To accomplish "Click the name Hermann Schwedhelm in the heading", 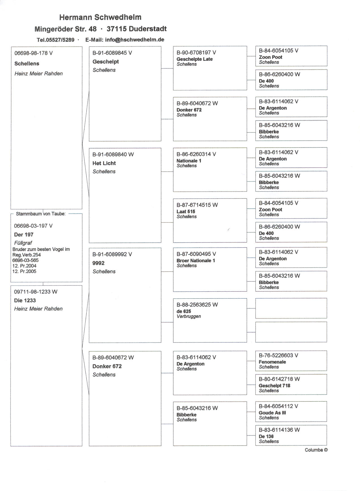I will (100, 17).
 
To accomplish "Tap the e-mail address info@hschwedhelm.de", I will (134, 40).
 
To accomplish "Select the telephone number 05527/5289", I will (60, 40).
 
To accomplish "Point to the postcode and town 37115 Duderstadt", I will (137, 29).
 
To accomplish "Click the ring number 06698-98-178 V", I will (33, 53).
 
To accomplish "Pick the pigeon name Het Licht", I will (104, 163).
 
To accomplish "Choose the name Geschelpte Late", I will (194, 59).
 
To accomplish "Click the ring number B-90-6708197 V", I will (196, 53).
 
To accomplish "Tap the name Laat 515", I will (186, 211).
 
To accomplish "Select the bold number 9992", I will (98, 263).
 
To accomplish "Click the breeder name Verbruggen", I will (189, 316).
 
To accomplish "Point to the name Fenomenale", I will (272, 362).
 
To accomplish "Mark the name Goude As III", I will (272, 413).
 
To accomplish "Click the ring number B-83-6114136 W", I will (279, 430).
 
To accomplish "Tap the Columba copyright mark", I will (316, 450).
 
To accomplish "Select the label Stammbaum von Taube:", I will (41, 214).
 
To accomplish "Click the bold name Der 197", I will (24, 235).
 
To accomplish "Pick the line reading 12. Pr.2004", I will (24, 266).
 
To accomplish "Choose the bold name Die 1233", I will (25, 300).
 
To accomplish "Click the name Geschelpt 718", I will (274, 386).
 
